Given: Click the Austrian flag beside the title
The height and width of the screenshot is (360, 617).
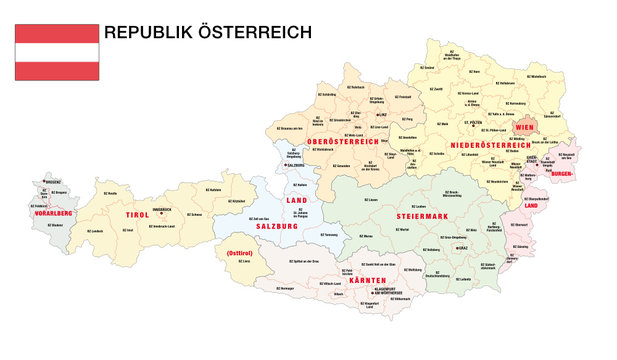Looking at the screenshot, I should [57, 52].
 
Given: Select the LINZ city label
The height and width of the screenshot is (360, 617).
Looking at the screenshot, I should [381, 115].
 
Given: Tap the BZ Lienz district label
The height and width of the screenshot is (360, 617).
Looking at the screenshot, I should [246, 262].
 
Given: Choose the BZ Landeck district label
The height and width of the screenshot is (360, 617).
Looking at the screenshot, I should [96, 231].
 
